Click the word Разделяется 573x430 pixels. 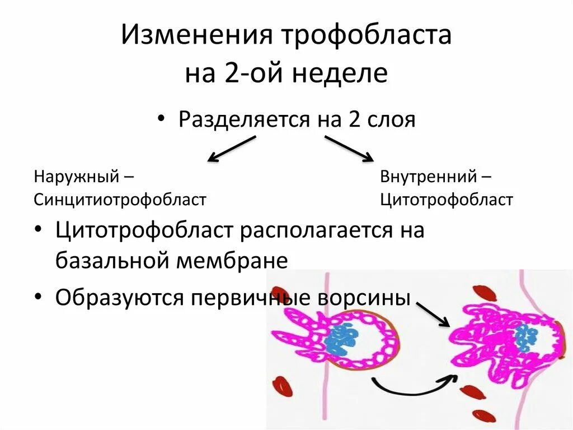244,119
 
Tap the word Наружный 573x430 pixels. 77,177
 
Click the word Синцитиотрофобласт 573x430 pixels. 120,200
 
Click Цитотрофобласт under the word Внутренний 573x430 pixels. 447,200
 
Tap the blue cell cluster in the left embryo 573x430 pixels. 342,337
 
